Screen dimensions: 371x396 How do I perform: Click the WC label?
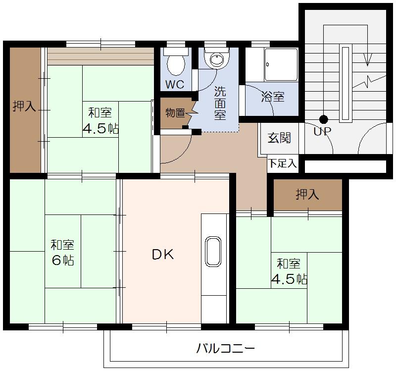174,85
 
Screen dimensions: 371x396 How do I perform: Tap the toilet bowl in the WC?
175,63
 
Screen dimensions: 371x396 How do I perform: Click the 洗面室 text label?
220,103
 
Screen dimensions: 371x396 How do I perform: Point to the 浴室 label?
273,97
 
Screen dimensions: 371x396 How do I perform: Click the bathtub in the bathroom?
281,64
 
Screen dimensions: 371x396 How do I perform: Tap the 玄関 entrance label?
279,138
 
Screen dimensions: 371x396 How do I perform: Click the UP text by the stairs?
322,131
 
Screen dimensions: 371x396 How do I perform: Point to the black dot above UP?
323,119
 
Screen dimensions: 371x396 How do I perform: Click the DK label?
162,255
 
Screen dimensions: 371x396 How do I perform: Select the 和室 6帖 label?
63,252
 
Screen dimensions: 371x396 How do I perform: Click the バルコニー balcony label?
225,348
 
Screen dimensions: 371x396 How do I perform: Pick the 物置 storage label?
175,112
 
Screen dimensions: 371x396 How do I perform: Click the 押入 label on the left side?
24,106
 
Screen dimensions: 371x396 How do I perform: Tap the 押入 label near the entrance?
307,195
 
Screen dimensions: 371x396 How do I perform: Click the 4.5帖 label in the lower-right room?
289,279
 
